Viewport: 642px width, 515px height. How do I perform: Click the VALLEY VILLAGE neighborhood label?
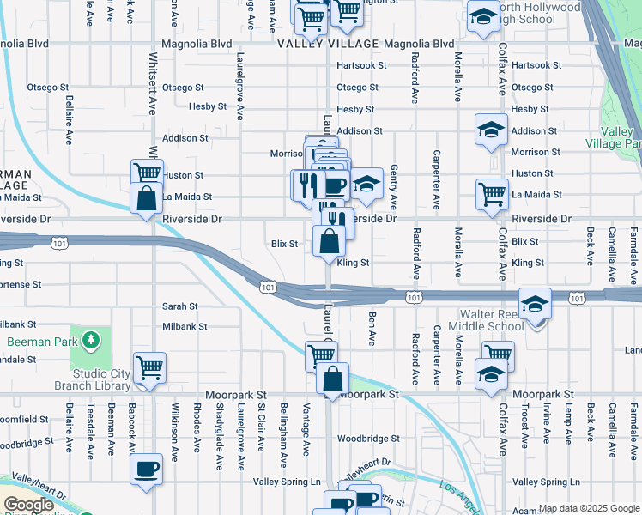[328, 44]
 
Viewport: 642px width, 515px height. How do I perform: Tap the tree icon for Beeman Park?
[91, 341]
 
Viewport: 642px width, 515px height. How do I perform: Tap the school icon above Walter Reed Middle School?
[535, 304]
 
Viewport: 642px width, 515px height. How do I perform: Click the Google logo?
[28, 505]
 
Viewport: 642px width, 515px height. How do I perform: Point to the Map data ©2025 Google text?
[589, 508]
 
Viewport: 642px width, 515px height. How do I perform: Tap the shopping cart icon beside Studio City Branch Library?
[150, 367]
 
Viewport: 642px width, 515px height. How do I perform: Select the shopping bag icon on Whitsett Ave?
[147, 197]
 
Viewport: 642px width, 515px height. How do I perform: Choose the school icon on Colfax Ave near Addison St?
[490, 130]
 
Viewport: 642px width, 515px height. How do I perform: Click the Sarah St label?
[180, 306]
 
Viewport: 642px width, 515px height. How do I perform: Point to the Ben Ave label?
[372, 330]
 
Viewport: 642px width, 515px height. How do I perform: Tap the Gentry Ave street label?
[394, 187]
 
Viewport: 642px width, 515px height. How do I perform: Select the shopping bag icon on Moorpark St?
[332, 378]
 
